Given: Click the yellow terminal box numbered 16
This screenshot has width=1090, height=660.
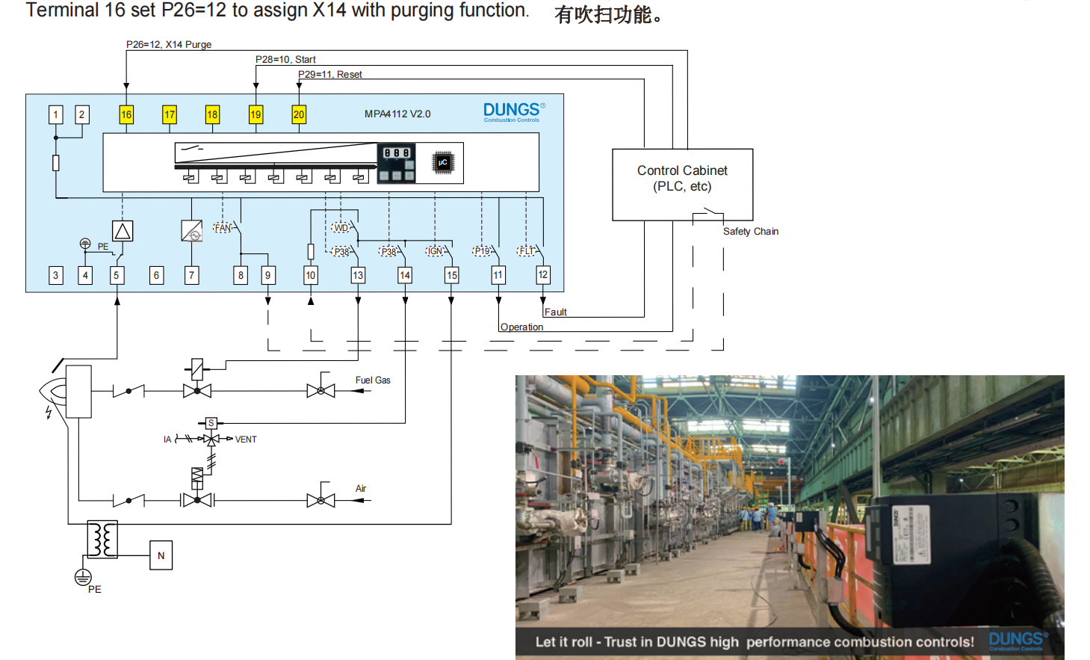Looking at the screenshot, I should pos(126,114).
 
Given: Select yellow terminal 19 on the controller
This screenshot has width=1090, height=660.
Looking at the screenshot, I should pos(256,114).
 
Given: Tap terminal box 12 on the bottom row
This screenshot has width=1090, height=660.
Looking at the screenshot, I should pos(543,275).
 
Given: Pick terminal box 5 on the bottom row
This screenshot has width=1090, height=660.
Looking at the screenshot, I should pos(116,275).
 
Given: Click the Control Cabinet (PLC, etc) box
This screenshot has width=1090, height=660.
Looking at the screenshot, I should pos(682,184).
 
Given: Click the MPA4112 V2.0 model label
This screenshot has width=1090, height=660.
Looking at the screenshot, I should pos(397,114).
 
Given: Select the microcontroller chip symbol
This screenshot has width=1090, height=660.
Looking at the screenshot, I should pos(443,162).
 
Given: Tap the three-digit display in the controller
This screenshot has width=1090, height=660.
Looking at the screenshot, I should pos(397,153).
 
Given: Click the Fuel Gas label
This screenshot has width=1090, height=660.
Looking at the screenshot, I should pos(373,380).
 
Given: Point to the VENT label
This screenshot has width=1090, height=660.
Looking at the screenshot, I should pos(246,440).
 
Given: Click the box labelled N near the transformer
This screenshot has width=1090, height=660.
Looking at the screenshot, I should pos(161,555).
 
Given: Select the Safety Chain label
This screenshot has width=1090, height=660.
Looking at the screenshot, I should pos(750,232).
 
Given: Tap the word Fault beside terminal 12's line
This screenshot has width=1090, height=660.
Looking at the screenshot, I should pos(555,312).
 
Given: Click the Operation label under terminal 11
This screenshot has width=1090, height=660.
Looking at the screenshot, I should pos(521,327).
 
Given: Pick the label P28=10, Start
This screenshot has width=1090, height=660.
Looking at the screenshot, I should pos(285,60).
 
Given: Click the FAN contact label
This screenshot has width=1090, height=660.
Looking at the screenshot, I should pos(223,228).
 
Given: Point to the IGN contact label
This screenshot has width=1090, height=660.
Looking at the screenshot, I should pos(436,251).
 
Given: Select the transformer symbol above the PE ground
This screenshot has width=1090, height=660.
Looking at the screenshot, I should pos(102,539).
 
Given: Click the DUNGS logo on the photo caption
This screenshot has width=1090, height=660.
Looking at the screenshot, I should pos(1018,641).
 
